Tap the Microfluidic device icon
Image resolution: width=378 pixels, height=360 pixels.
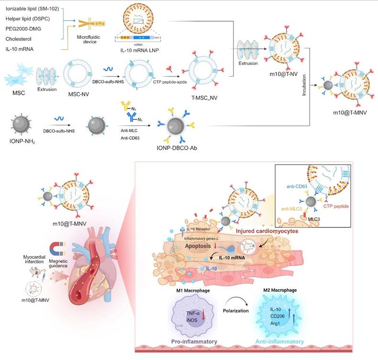(84, 25)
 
